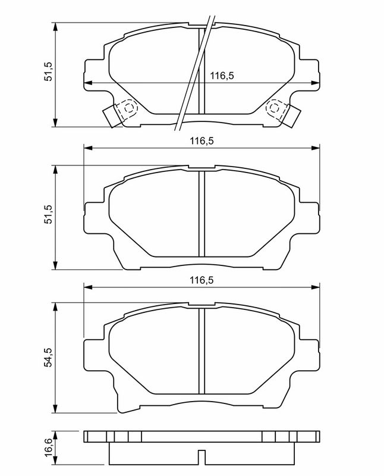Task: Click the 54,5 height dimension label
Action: click(49, 358)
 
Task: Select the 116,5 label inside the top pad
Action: click(222, 76)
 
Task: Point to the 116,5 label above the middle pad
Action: click(202, 141)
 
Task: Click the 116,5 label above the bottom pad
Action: click(202, 280)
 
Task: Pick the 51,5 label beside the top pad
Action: click(49, 71)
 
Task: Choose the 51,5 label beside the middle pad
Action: click(49, 215)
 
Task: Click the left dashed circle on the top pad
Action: click(129, 108)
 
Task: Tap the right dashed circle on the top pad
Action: click(274, 108)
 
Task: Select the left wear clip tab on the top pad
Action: click(111, 116)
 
